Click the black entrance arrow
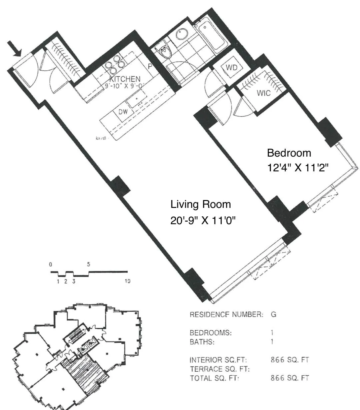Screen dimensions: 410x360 tap(15, 49)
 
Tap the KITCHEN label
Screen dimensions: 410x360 tap(125, 79)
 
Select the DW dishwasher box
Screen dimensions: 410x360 tap(123, 112)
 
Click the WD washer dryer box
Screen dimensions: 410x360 tap(232, 67)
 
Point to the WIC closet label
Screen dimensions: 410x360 tap(263, 93)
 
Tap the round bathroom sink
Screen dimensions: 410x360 tap(182, 33)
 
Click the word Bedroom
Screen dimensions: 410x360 tap(289, 153)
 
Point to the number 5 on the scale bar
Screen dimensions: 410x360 tap(88, 265)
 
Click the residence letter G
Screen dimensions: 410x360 tap(273, 314)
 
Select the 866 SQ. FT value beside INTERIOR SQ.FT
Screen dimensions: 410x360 tap(290, 360)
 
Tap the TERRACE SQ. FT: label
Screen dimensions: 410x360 tap(220, 369)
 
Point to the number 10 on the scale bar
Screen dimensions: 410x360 tap(127, 281)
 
